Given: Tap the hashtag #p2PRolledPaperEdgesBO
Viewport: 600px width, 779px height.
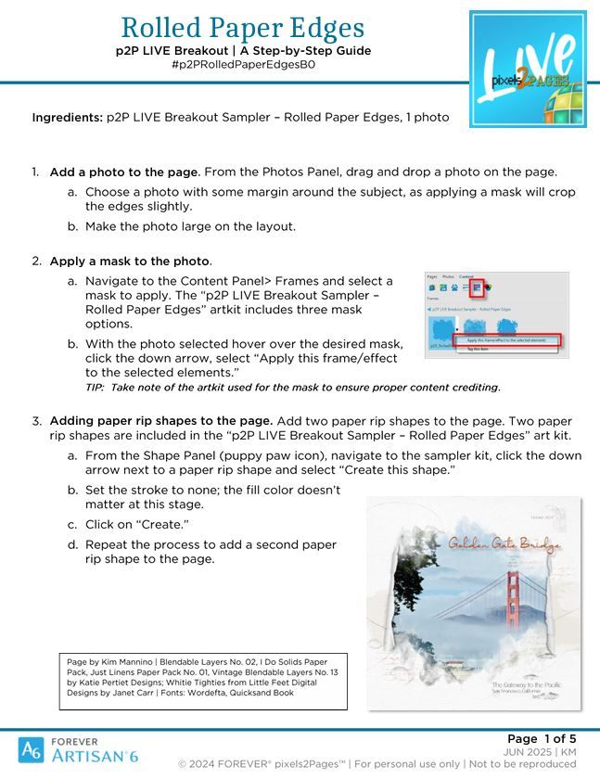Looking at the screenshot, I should [x=243, y=65].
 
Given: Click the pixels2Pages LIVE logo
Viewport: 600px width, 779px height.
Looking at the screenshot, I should [x=528, y=69].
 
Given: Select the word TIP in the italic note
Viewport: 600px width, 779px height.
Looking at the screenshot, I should [x=96, y=387].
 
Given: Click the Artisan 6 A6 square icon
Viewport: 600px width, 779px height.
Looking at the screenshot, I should [x=31, y=748].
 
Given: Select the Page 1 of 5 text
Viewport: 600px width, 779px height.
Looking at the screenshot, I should [x=542, y=738].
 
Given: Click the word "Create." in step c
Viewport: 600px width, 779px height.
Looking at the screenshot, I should [x=162, y=524].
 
